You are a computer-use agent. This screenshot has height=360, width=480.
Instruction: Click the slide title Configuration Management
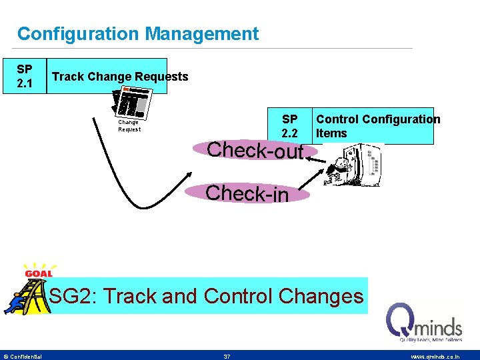pos(137,34)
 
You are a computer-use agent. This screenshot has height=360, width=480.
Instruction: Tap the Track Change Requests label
pos(120,77)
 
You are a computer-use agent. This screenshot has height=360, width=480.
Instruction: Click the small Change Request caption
pos(129,126)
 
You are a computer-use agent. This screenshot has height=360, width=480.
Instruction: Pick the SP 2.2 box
pos(289,126)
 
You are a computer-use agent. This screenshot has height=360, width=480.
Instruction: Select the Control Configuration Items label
pos(377,126)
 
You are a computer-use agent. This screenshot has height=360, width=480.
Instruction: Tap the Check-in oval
pos(247,193)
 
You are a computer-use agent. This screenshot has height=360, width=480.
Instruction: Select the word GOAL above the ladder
pos(39,273)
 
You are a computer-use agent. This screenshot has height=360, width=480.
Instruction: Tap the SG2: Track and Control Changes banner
pos(207,296)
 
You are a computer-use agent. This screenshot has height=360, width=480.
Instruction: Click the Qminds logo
pos(424,323)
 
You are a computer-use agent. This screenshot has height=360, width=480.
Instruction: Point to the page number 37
pos(227,357)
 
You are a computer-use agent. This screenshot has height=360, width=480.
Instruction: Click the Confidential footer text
pos(24,357)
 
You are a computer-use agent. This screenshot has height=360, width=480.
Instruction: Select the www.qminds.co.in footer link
pos(435,357)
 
